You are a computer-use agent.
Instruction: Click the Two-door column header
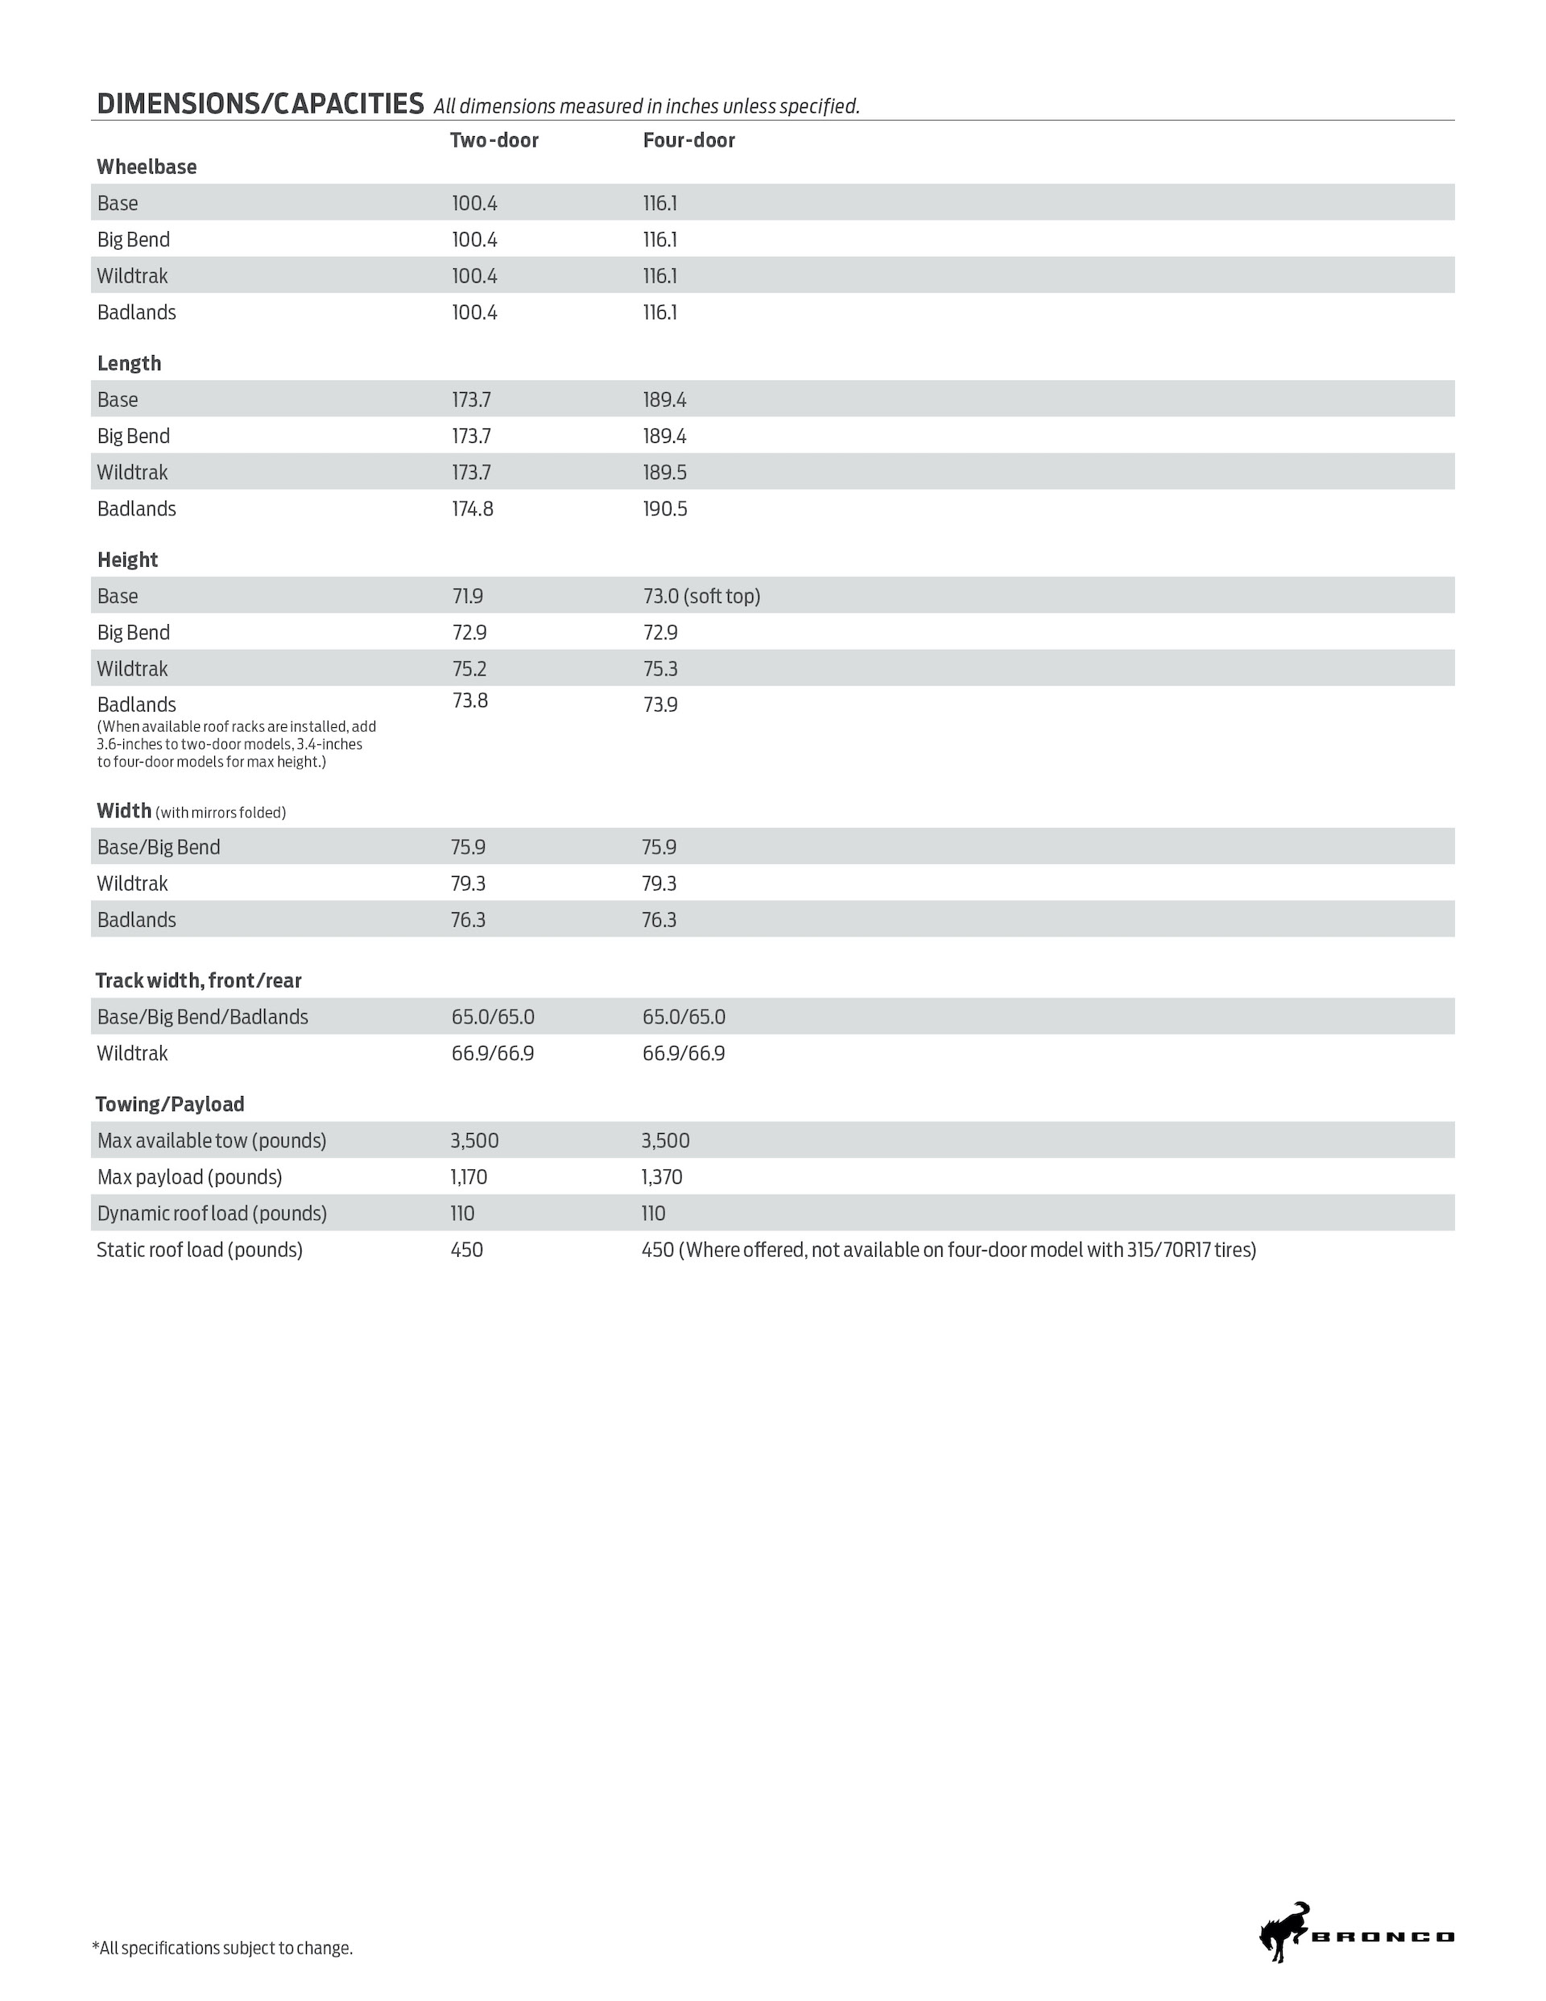pos(494,140)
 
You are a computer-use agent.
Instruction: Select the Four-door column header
pos(688,140)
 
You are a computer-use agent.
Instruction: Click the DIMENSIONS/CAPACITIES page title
pos(260,104)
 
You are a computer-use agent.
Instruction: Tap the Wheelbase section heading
pos(147,167)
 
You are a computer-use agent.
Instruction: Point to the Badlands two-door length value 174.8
pos(472,508)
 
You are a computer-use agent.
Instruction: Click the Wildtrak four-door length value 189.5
pos(664,472)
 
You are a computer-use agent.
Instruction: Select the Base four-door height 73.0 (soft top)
pos(701,597)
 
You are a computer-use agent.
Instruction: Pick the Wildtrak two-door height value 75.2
pos(469,669)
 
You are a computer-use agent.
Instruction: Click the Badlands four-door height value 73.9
pos(659,705)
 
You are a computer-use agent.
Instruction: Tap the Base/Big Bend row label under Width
pos(159,846)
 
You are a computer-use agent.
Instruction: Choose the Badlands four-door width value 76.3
pos(659,920)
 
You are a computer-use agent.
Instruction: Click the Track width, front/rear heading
pos(198,980)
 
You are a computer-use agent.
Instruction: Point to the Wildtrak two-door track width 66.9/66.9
pos(492,1053)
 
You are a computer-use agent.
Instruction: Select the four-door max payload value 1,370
pos(662,1176)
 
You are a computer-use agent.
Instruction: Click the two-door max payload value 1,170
pos(469,1176)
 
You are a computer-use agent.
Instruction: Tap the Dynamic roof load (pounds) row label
pos(212,1213)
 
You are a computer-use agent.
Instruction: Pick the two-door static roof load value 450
pos(466,1250)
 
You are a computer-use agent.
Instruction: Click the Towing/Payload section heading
pos(170,1104)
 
